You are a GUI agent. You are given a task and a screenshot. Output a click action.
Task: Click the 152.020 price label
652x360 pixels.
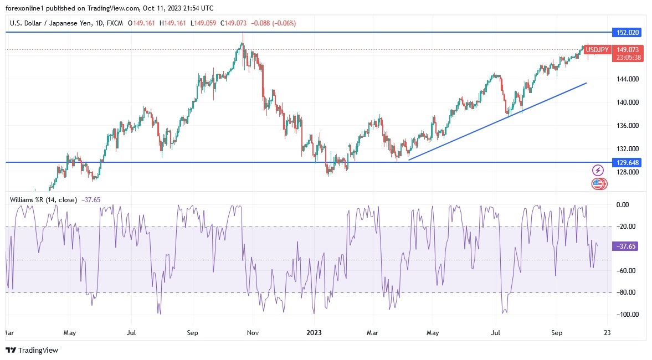(x=625, y=33)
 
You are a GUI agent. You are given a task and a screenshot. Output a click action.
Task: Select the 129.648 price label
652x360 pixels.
(x=625, y=162)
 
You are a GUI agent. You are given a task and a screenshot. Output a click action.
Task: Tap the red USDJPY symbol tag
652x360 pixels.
(x=597, y=50)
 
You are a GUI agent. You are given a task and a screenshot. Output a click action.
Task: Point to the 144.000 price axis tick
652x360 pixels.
(x=627, y=79)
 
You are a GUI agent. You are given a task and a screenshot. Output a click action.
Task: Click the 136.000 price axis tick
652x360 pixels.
(x=627, y=126)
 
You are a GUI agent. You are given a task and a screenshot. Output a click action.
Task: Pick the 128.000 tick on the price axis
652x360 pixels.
(x=627, y=172)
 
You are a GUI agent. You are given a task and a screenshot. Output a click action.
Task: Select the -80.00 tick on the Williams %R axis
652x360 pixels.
(x=626, y=292)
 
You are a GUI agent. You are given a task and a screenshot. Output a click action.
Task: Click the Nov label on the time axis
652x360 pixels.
(x=253, y=333)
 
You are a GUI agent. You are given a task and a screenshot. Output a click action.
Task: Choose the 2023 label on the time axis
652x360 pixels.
(x=315, y=333)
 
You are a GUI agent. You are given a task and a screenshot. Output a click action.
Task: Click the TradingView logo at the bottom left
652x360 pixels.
(x=32, y=350)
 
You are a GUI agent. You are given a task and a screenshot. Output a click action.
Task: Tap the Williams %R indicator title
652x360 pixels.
(x=43, y=200)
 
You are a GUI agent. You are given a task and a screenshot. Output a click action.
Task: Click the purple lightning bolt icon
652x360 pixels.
(x=598, y=170)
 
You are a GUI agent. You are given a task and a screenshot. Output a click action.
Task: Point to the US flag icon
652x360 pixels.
(x=598, y=184)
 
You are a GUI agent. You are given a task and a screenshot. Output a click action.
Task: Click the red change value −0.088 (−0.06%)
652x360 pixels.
(x=274, y=23)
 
